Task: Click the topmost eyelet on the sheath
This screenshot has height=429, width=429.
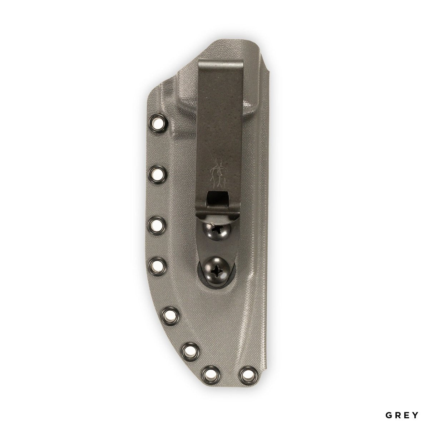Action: tap(157, 123)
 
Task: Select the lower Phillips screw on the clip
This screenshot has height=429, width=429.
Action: tap(217, 271)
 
